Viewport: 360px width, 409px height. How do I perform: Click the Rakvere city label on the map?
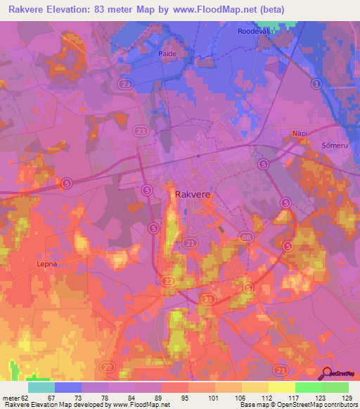coord(193,193)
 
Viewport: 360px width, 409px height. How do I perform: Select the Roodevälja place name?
coord(254,32)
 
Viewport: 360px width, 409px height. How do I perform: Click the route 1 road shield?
coord(316,84)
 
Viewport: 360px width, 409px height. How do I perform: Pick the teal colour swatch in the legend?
coord(41,387)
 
